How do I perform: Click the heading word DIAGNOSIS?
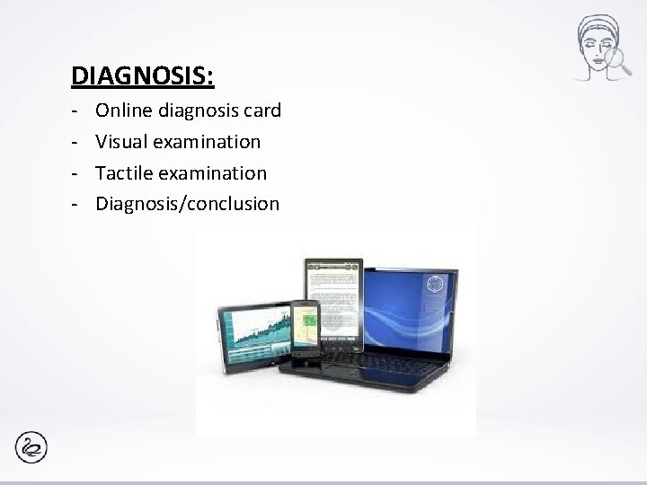[x=142, y=75]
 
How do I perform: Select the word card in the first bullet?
[x=262, y=110]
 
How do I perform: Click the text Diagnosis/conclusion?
[x=187, y=203]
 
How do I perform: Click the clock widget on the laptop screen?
[x=436, y=283]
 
